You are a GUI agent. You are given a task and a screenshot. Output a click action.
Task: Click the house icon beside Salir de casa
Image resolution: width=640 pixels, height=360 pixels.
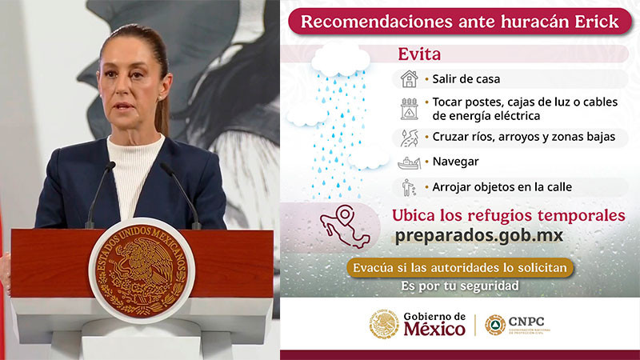409,79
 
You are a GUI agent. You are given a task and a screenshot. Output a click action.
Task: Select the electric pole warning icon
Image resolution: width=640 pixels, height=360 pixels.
409,109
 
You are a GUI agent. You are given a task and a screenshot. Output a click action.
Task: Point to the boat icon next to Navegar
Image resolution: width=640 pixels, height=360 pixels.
409,162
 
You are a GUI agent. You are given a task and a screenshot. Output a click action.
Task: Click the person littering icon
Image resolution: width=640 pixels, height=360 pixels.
409,187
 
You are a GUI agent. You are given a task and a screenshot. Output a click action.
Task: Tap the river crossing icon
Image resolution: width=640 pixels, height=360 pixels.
409,137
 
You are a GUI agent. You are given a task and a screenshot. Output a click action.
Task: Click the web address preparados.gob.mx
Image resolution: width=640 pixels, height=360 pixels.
479,236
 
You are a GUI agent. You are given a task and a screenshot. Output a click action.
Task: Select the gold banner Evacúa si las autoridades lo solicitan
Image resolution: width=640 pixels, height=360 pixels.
460,266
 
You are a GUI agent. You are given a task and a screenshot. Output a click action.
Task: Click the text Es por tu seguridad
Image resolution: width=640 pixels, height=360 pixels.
460,286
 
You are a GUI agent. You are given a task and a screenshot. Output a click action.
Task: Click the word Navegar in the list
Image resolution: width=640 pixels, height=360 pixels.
455,162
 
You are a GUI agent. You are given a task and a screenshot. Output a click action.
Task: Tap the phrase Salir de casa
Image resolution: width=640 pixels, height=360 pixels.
467,79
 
